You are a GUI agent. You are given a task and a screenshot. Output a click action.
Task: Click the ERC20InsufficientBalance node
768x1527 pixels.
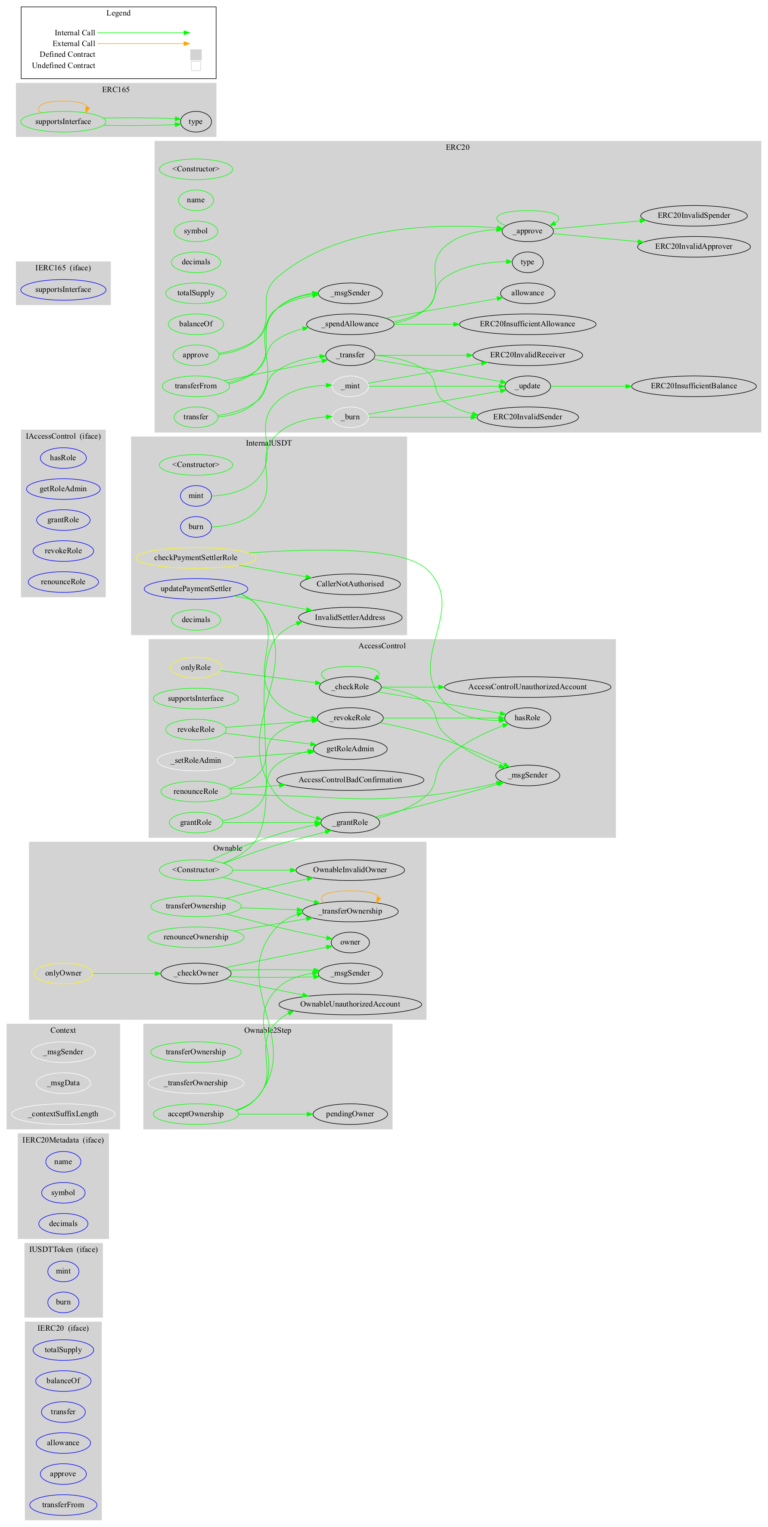click(693, 386)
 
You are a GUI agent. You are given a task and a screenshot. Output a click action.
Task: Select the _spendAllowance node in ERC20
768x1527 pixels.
click(350, 324)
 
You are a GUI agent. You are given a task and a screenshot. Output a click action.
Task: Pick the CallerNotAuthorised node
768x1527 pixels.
click(350, 584)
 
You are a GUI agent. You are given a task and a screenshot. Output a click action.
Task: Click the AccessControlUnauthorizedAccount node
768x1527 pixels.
click(527, 687)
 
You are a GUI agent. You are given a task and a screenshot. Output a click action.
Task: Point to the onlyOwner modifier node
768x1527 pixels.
click(63, 973)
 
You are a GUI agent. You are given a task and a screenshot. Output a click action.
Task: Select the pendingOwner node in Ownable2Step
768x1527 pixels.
click(350, 1114)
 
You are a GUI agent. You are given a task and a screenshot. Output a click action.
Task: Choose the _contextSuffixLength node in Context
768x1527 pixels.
click(63, 1114)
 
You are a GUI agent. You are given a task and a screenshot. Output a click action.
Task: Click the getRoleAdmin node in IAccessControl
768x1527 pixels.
click(63, 489)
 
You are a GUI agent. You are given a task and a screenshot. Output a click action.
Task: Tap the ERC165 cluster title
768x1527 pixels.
click(115, 90)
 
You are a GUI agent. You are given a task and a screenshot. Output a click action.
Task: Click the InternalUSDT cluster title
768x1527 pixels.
click(269, 443)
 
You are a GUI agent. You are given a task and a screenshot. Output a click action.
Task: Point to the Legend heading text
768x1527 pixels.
click(118, 13)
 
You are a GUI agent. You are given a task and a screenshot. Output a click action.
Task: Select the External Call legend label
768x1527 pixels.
click(74, 44)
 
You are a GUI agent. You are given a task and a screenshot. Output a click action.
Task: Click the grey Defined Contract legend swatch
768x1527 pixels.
click(196, 55)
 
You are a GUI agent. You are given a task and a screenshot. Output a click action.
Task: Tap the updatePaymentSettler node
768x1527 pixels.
click(196, 588)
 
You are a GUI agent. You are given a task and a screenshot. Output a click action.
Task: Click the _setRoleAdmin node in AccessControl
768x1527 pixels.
click(196, 761)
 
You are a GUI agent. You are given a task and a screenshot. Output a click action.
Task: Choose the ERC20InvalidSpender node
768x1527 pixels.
click(693, 216)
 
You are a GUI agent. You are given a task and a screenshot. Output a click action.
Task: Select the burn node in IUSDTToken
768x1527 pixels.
click(63, 1302)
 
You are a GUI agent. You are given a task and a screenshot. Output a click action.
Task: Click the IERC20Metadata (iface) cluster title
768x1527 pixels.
click(63, 1140)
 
